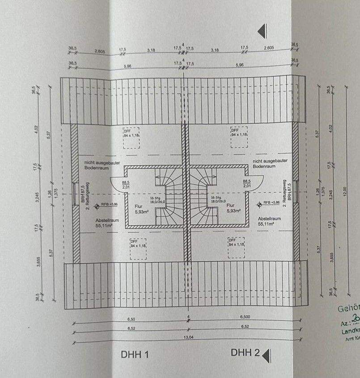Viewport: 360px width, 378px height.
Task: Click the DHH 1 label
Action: click(x=134, y=355)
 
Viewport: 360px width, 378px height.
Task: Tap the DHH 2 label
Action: click(x=245, y=353)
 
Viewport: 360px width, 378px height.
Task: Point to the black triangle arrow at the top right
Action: click(x=263, y=30)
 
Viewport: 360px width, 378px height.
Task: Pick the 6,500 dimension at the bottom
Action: click(x=245, y=316)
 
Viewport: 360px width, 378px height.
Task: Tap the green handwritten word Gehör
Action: click(x=348, y=309)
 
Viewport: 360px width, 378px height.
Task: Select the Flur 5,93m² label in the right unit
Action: click(x=234, y=209)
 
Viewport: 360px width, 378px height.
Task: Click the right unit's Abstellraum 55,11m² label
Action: click(x=269, y=221)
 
